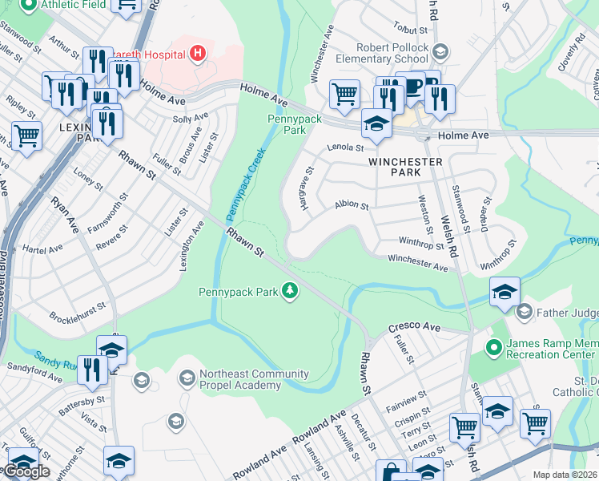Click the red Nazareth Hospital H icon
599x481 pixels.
click(x=197, y=55)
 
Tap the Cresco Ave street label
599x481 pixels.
click(x=415, y=328)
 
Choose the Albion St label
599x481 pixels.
click(x=352, y=206)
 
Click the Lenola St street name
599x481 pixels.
click(x=345, y=148)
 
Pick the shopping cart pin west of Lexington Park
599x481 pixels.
click(x=26, y=136)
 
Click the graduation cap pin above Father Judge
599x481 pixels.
click(x=505, y=292)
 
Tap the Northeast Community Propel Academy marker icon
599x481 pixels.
click(x=187, y=377)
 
